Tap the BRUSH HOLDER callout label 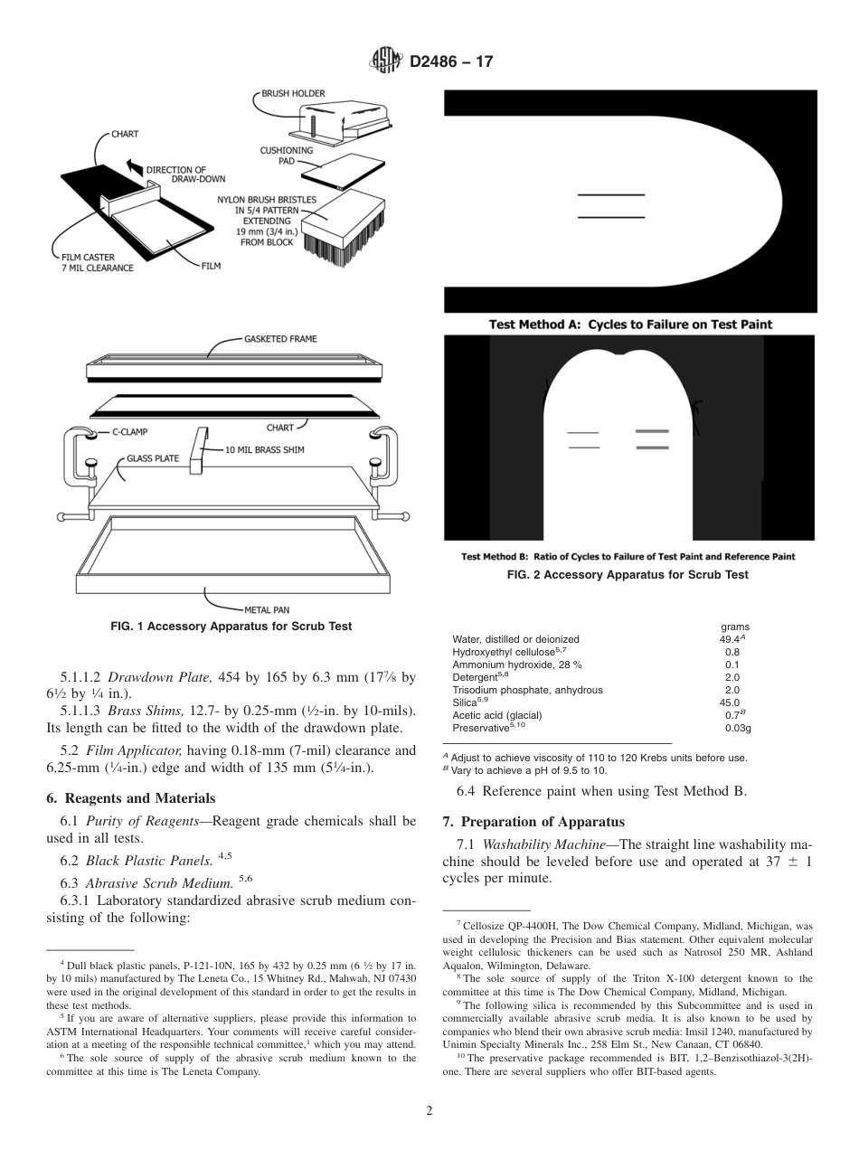click(293, 93)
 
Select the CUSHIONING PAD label click(287, 156)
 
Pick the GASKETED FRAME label click(280, 339)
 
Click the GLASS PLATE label click(153, 458)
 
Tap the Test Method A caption click(630, 324)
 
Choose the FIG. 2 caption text click(644, 574)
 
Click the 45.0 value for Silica click(729, 702)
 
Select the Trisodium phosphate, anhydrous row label click(527, 689)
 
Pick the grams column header click(734, 627)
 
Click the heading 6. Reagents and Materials click(131, 797)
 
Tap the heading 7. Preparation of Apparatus click(533, 822)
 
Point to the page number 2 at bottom click(429, 1111)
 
